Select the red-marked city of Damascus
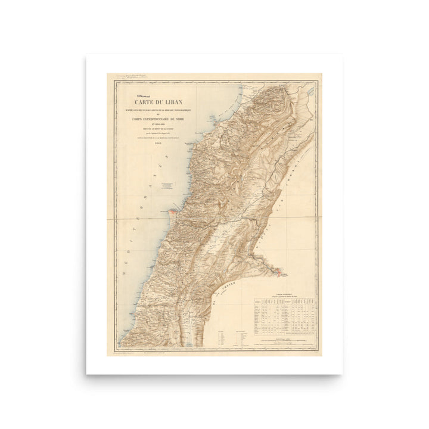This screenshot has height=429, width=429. pos(279,272)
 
